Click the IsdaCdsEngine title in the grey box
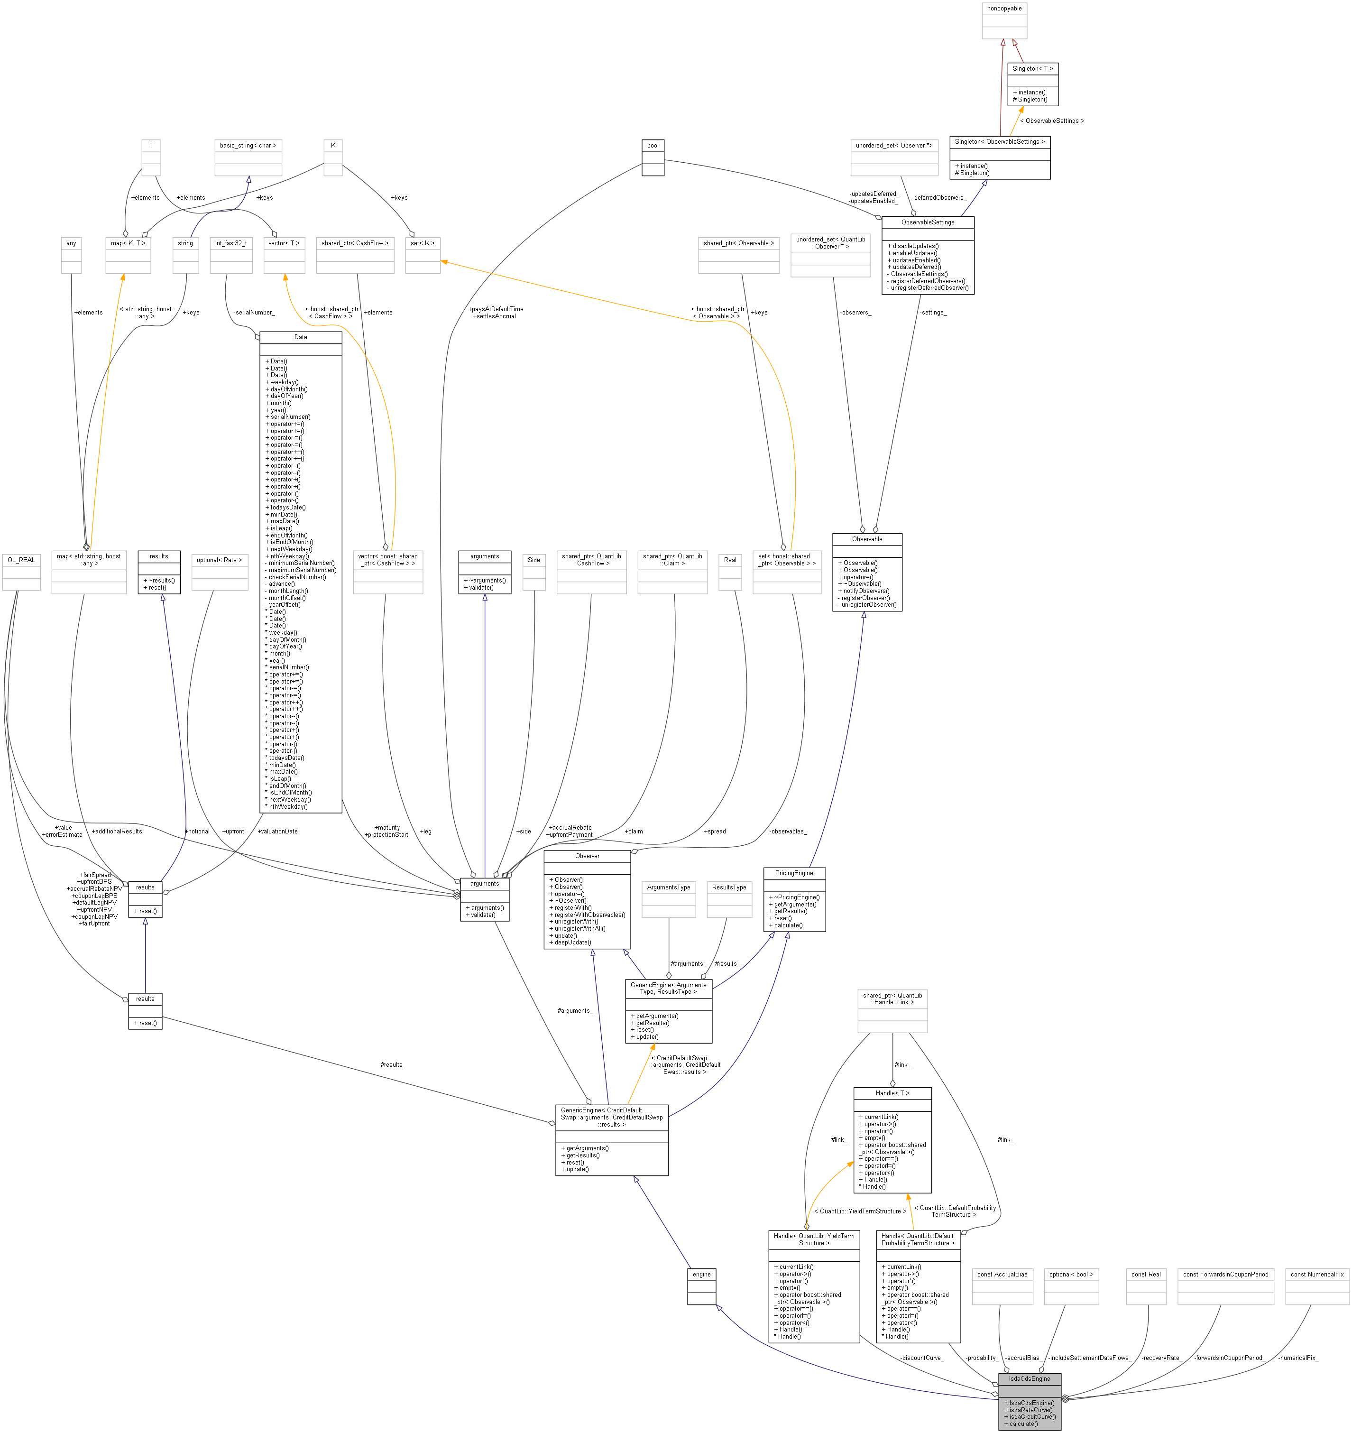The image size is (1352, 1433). pyautogui.click(x=1029, y=1378)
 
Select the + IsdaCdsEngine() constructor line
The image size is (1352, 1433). pyautogui.click(x=1029, y=1403)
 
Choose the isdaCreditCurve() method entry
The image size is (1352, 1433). pyautogui.click(x=1029, y=1416)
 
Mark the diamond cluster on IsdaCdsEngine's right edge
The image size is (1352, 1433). pyautogui.click(x=1065, y=1398)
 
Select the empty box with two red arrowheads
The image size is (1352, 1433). pyautogui.click(x=1004, y=21)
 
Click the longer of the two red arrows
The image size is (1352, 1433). pyautogui.click(x=1002, y=86)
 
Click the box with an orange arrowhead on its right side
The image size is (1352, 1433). pyautogui.click(x=423, y=256)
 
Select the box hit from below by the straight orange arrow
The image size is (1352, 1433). pyautogui.click(x=128, y=256)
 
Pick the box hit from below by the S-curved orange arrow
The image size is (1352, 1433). pyautogui.click(x=284, y=256)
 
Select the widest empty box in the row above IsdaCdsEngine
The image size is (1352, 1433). pyautogui.click(x=1225, y=1287)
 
